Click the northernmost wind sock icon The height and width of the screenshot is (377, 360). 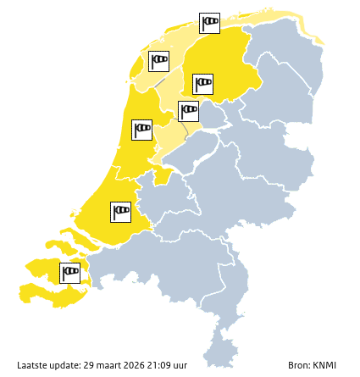[x=209, y=23]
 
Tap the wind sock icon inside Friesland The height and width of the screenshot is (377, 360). [x=202, y=84]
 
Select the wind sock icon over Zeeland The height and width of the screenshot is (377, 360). [x=69, y=273]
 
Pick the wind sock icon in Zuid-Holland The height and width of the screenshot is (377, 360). [x=120, y=212]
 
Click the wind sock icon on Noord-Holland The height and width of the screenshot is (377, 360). [x=141, y=130]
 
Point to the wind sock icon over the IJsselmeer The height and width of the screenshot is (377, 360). [x=188, y=111]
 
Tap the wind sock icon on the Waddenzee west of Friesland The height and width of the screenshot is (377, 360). [x=158, y=61]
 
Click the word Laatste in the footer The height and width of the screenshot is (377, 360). [x=33, y=365]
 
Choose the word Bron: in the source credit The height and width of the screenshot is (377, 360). [x=299, y=365]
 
